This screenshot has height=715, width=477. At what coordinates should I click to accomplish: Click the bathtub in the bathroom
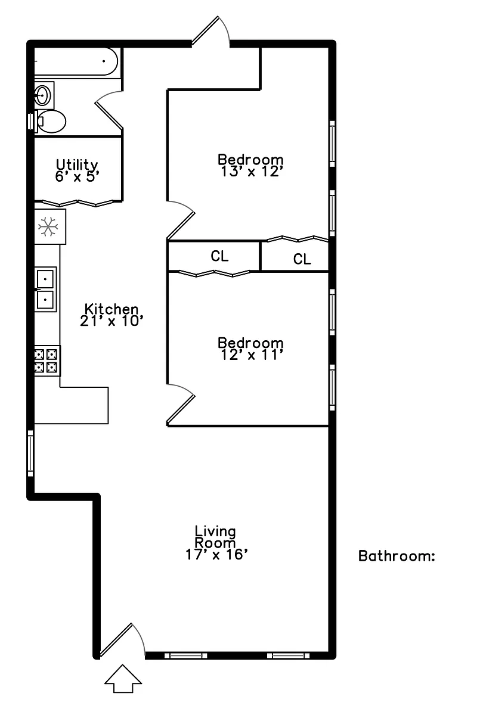pyautogui.click(x=76, y=61)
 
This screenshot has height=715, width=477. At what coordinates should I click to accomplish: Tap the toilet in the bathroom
pyautogui.click(x=51, y=122)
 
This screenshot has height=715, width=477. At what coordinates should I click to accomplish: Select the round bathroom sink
pyautogui.click(x=43, y=95)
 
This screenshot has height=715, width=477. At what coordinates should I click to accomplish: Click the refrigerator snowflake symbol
pyautogui.click(x=48, y=226)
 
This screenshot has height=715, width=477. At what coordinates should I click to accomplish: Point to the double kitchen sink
pyautogui.click(x=45, y=289)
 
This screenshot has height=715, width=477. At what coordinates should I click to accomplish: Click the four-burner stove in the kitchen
pyautogui.click(x=47, y=360)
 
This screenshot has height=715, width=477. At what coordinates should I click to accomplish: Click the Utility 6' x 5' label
pyautogui.click(x=77, y=171)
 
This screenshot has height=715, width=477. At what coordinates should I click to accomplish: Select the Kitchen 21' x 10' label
pyautogui.click(x=111, y=315)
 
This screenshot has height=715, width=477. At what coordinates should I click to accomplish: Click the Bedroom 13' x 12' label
pyautogui.click(x=251, y=166)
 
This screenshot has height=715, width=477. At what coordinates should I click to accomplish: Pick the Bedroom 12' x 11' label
pyautogui.click(x=251, y=349)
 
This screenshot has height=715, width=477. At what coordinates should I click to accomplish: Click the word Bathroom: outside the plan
pyautogui.click(x=397, y=556)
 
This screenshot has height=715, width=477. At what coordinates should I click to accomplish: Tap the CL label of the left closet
pyautogui.click(x=219, y=256)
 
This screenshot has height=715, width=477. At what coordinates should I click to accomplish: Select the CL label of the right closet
pyautogui.click(x=302, y=259)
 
